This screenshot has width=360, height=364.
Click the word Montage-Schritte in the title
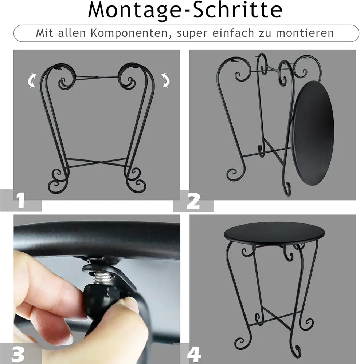point(185,11)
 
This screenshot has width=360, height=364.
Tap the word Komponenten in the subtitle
point(129,33)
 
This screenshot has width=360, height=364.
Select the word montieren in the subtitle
point(305,33)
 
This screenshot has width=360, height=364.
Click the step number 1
point(20,200)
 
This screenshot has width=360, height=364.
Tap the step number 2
point(193,201)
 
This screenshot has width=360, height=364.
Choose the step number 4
point(194,354)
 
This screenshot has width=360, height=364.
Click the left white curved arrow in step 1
point(32,80)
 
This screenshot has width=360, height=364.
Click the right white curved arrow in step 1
point(165,80)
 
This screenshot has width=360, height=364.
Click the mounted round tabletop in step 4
point(274,233)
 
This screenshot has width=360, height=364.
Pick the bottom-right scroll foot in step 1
point(136,180)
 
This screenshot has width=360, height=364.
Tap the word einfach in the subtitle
point(233,33)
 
